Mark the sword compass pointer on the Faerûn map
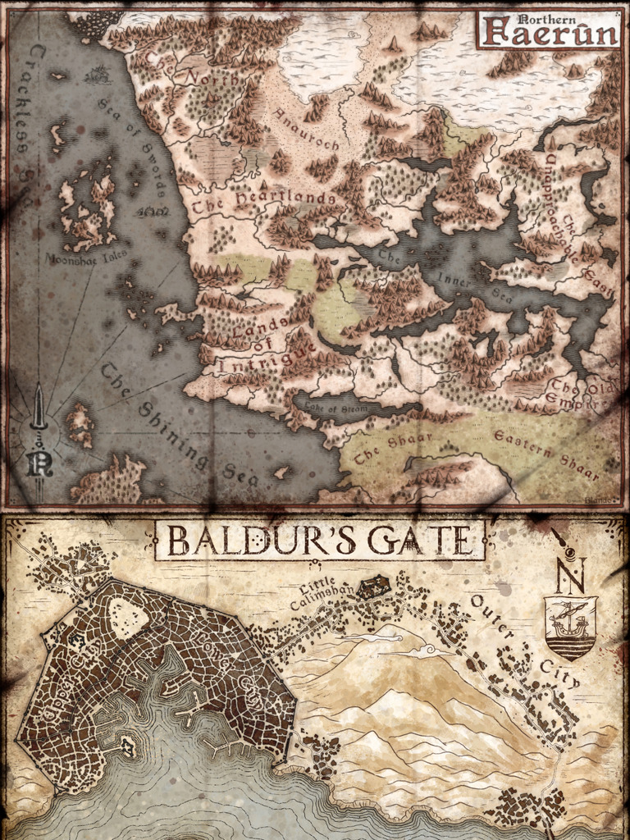pos(38,415)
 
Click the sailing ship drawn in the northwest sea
pos(98,75)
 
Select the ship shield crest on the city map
pos(571,628)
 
